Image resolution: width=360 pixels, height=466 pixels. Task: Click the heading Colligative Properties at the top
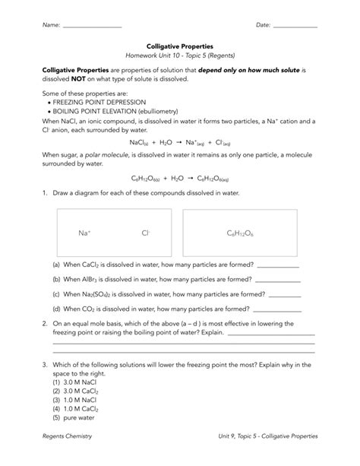pyautogui.click(x=180, y=46)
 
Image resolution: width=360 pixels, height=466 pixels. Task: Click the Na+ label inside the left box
pyautogui.click(x=84, y=233)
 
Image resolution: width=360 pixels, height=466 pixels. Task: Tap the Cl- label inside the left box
pyautogui.click(x=145, y=233)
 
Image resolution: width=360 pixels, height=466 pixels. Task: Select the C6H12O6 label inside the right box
pyautogui.click(x=240, y=233)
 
